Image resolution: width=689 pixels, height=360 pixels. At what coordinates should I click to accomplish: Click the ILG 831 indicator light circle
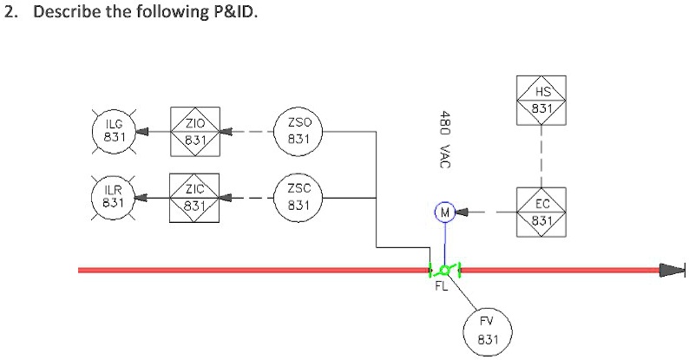113,131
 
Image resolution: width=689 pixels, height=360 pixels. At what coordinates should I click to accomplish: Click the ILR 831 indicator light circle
113,197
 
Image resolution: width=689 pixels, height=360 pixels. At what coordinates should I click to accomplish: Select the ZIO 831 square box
194,131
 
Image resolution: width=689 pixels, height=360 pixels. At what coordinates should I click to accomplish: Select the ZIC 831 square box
194,198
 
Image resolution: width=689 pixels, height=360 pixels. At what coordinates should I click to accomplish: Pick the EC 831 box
541,211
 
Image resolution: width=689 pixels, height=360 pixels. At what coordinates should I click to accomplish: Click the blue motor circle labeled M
444,211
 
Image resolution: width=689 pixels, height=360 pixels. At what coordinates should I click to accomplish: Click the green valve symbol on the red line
444,270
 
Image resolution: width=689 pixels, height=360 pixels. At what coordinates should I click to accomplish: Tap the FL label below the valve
441,287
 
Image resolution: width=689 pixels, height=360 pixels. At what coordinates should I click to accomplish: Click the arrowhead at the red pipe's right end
672,270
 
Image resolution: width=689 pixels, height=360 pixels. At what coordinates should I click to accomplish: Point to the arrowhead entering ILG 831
141,132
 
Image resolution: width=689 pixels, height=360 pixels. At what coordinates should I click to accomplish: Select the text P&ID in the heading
232,15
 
